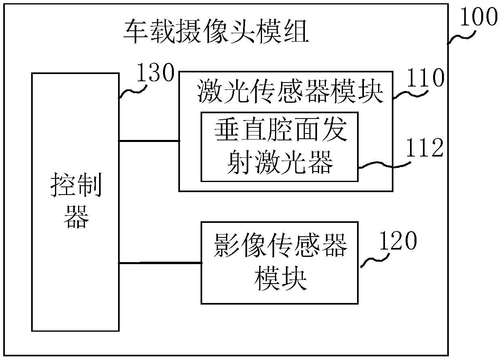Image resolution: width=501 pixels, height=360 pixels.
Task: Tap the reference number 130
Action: tap(156, 74)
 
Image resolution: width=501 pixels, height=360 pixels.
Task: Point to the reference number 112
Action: tap(425, 149)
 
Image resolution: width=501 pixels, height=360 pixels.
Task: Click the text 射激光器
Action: tap(280, 163)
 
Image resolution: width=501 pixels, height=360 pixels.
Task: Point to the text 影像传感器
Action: tap(280, 246)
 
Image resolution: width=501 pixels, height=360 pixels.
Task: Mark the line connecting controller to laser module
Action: tap(149, 141)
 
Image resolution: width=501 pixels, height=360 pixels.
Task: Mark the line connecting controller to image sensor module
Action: tap(160, 263)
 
